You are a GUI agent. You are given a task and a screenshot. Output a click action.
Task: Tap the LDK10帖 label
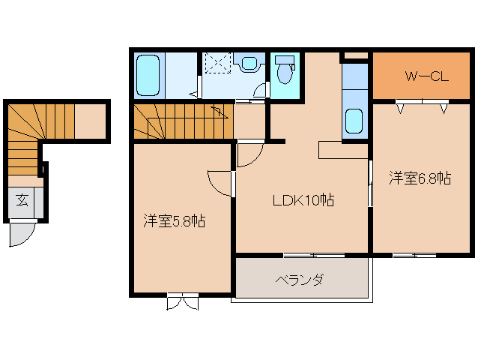[303, 200]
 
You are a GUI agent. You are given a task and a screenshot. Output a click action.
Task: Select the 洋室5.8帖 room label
[175, 221]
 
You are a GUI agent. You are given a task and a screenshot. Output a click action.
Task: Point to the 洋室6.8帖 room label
[420, 178]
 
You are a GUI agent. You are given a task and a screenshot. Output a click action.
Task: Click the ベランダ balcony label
[299, 280]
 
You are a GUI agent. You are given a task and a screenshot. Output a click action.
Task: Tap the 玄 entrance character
[22, 200]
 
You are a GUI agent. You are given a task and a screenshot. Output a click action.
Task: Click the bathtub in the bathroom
[149, 75]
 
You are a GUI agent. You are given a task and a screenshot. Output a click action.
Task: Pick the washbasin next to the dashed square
[248, 64]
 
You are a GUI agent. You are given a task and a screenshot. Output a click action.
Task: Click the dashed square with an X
[218, 65]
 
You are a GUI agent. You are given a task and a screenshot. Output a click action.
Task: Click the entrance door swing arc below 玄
[21, 234]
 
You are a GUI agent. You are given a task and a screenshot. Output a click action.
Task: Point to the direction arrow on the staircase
[219, 112]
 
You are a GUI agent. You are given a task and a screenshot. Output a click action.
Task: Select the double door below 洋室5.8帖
[183, 302]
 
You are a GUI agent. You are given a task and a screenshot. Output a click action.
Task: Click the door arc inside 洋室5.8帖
[220, 182]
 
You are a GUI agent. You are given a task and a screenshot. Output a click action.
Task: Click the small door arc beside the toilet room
[260, 91]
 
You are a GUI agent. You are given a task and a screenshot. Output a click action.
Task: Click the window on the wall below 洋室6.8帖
[414, 256]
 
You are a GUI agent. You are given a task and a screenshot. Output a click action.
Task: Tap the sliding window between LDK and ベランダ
[314, 256]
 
